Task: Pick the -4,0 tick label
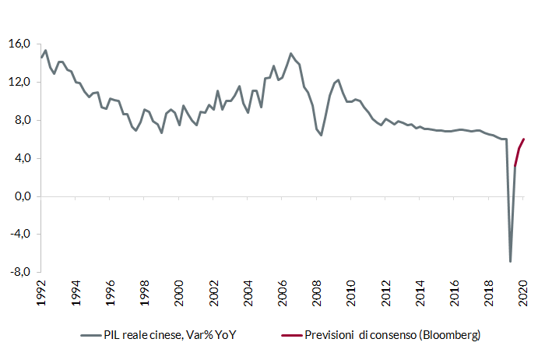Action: [19, 235]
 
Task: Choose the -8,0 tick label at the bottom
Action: [19, 273]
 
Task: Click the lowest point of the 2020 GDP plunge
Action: [511, 261]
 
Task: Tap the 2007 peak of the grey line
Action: [291, 54]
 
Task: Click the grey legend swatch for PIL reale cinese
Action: [91, 335]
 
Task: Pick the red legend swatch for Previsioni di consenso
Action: [292, 335]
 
